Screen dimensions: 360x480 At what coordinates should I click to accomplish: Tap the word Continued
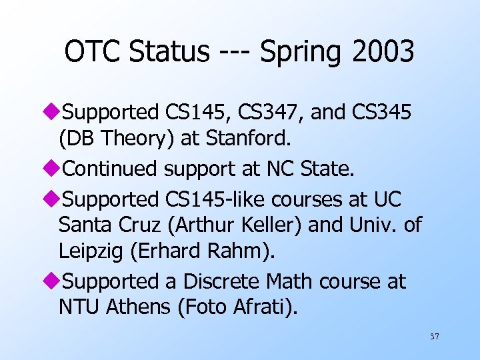click(111, 169)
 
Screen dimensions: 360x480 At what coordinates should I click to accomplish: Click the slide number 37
click(434, 337)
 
